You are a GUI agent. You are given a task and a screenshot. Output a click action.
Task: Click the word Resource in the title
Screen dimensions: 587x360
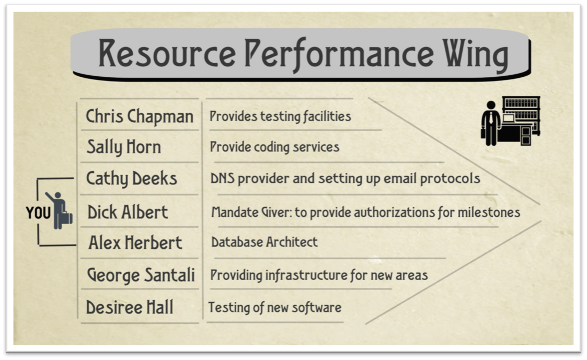[167, 53]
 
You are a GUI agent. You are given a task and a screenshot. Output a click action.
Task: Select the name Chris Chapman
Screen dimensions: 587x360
[140, 117]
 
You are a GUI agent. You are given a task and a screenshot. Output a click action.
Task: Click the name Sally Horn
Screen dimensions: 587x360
[124, 147]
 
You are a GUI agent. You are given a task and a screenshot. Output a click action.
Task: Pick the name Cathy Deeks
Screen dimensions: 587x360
[131, 179]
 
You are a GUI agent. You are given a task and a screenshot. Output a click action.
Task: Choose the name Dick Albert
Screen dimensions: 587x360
[128, 212]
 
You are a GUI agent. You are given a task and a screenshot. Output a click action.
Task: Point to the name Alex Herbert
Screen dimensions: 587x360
[135, 242]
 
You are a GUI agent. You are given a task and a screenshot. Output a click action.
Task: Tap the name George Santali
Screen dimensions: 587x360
[141, 275]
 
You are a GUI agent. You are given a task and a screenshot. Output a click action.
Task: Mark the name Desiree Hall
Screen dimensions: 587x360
[130, 307]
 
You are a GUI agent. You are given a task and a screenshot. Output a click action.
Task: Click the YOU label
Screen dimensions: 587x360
[38, 213]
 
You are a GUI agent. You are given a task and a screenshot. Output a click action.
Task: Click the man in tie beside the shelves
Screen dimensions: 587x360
[491, 123]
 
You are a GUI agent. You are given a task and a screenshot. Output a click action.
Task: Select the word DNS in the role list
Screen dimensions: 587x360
[222, 179]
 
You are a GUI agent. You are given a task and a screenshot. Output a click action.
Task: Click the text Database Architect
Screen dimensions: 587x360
[264, 242]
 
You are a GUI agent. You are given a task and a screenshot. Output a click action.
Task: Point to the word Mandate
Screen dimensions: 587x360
[235, 212]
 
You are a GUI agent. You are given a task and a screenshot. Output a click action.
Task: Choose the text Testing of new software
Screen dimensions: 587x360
[275, 308]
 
